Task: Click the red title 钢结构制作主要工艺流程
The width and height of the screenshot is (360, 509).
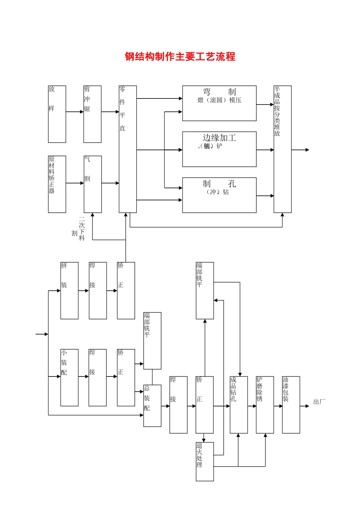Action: (x=180, y=57)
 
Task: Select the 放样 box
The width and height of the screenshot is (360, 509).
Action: (x=57, y=114)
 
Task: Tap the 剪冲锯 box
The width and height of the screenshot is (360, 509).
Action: (x=92, y=114)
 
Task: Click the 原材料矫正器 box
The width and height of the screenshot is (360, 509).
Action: (x=57, y=184)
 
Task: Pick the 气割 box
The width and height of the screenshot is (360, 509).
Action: (x=92, y=184)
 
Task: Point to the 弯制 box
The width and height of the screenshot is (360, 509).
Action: (x=219, y=103)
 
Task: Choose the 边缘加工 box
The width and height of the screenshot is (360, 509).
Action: (x=219, y=149)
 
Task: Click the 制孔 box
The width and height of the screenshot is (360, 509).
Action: (x=219, y=195)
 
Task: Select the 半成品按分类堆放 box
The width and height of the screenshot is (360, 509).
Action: (x=282, y=149)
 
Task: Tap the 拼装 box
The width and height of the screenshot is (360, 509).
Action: (x=69, y=290)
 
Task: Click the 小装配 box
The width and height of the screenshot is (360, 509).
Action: (x=69, y=378)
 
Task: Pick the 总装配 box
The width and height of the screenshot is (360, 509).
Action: (x=152, y=406)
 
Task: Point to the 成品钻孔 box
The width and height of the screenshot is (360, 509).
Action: (x=239, y=405)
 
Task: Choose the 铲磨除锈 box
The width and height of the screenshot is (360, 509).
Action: (x=265, y=405)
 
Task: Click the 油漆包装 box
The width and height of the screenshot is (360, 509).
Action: (x=291, y=405)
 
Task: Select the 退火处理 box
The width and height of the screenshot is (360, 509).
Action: (x=205, y=462)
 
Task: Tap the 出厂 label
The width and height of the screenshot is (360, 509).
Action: (x=319, y=402)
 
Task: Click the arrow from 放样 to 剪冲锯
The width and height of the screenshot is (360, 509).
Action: (x=75, y=112)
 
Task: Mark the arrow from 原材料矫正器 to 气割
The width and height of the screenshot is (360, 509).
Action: (x=75, y=183)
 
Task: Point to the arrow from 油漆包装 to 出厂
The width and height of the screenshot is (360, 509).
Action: (x=305, y=406)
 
